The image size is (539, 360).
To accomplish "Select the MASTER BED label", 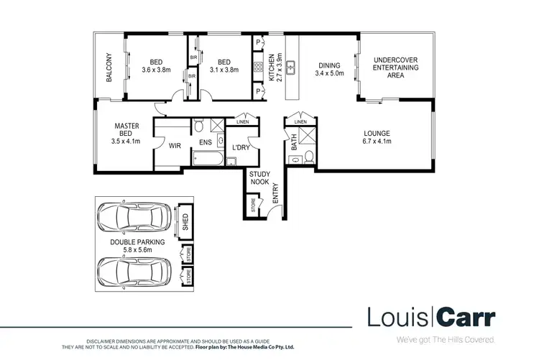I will (x=126, y=129).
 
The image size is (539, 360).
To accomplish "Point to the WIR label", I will (x=174, y=145).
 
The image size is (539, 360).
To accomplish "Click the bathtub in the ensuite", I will (x=208, y=160).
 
